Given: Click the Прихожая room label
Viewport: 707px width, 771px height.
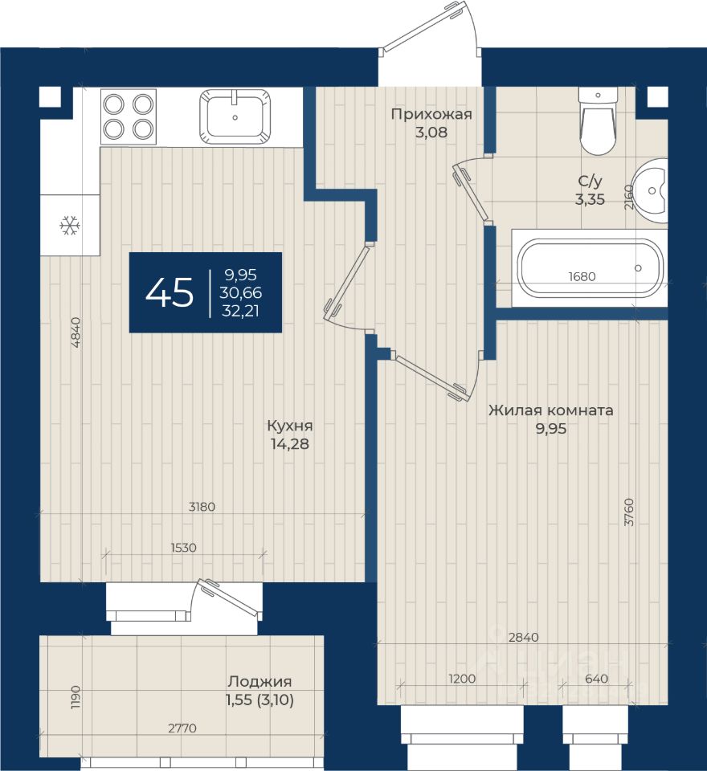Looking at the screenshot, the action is point(431,115).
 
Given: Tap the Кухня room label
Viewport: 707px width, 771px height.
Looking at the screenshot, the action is point(290,426).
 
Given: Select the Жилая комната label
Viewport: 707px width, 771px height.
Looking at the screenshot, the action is point(551,410).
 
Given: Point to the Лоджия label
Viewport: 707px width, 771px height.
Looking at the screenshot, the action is point(260,682).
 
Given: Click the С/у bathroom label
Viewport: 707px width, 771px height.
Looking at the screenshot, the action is point(590,182).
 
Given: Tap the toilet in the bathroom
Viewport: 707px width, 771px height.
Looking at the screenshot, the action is point(598,121).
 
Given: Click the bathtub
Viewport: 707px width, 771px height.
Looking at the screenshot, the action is point(590,268).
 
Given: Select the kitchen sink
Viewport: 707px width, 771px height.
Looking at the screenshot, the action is point(235,117).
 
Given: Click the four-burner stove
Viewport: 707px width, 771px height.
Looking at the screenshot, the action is point(129,117).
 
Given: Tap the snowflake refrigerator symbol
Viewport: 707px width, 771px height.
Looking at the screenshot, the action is point(70,226).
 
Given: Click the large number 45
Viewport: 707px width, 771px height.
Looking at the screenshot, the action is point(170,292).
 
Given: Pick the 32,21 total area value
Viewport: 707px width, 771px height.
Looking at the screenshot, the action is point(240,312).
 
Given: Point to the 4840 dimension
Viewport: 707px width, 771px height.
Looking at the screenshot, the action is point(76,332).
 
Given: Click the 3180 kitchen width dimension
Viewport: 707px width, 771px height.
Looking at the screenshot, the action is point(202,507).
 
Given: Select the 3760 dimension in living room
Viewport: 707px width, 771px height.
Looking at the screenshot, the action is point(629,512).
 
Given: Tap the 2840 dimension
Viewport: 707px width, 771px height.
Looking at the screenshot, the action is point(524,637).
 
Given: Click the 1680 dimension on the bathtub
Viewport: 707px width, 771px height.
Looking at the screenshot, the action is point(582,276).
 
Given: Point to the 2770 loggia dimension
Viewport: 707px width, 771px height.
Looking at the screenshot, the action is point(182,728).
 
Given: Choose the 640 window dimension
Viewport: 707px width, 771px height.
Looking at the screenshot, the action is point(597,679).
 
